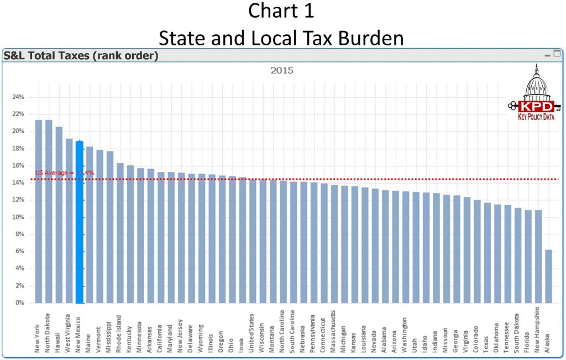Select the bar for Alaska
pyautogui.click(x=548, y=276)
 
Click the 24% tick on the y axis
pyautogui.click(x=18, y=97)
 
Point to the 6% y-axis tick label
pyautogui.click(x=20, y=252)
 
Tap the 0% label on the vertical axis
pyautogui.click(x=20, y=303)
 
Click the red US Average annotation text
pyautogui.click(x=65, y=173)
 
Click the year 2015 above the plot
pyautogui.click(x=281, y=70)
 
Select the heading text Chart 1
pyautogui.click(x=281, y=12)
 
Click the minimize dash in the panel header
pyautogui.click(x=547, y=55)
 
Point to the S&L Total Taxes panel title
pyautogui.click(x=81, y=55)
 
